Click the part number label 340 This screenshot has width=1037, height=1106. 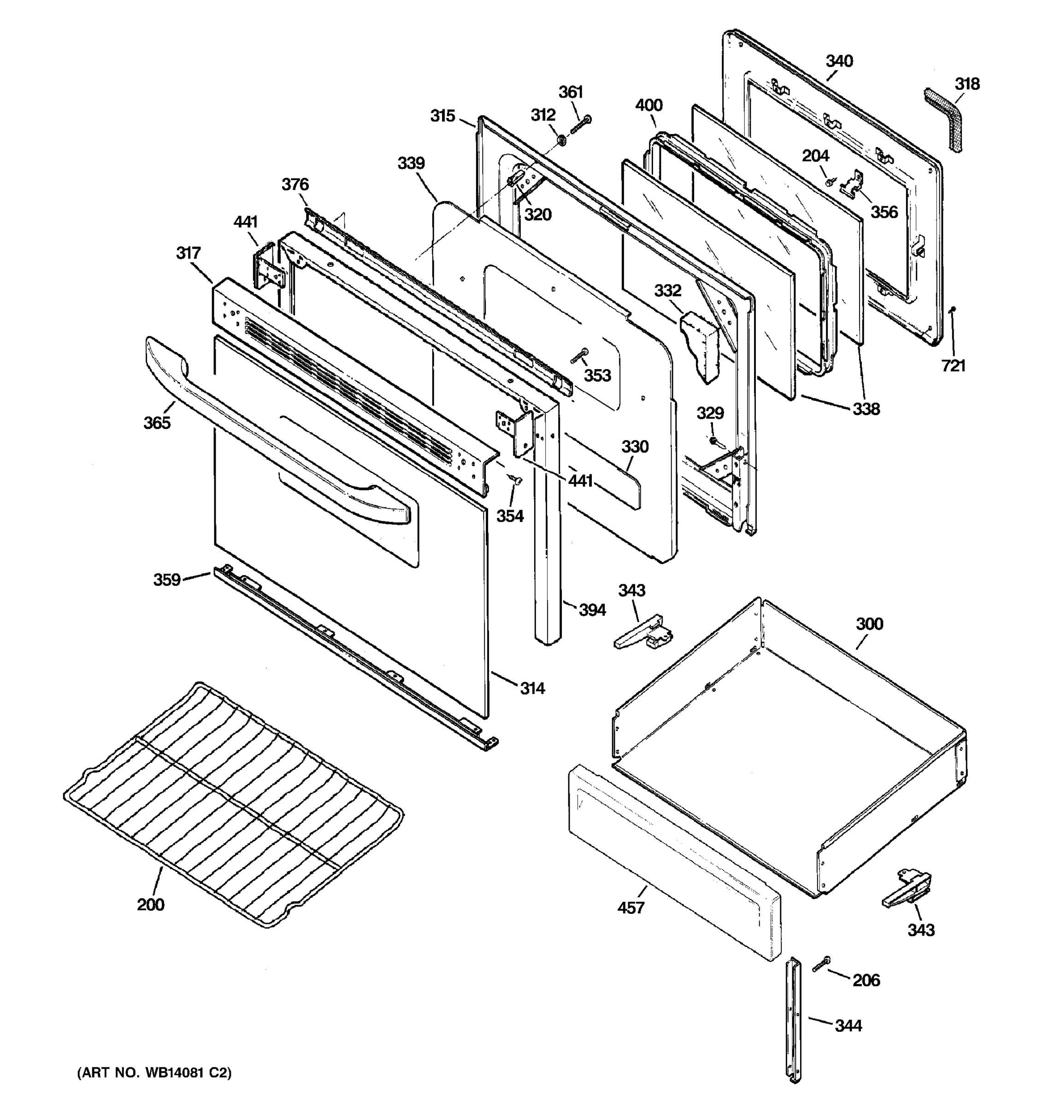point(839,61)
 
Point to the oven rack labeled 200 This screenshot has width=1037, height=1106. point(234,807)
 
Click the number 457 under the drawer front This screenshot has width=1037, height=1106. point(631,908)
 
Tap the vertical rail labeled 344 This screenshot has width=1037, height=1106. point(794,1035)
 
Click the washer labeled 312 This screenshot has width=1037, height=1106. point(562,141)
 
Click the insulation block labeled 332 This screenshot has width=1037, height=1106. point(700,345)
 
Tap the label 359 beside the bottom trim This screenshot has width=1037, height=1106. point(167,580)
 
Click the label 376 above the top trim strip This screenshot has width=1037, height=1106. point(295,185)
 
